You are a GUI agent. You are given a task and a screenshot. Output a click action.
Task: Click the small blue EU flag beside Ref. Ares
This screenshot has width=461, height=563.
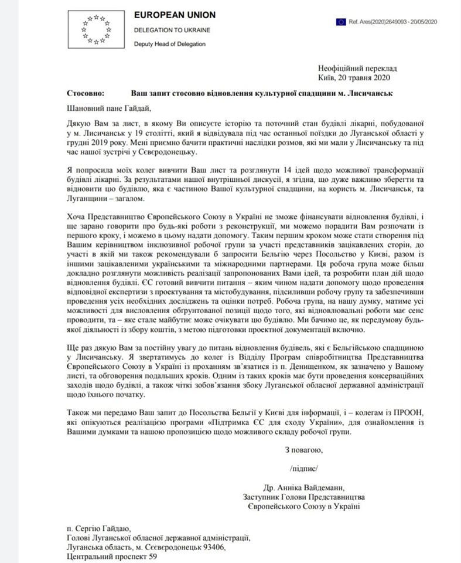[340, 22]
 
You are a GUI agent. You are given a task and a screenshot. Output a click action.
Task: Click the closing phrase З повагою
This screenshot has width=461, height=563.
[303, 451]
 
